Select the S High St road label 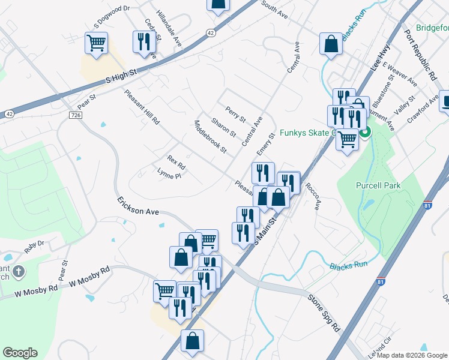pos(121,75)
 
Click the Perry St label pos(235,114)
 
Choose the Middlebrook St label pos(210,137)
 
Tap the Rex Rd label pos(176,161)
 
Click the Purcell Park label pos(378,186)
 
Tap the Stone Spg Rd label pos(324,313)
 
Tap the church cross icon pos(19,272)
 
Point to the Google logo pos(20,353)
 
